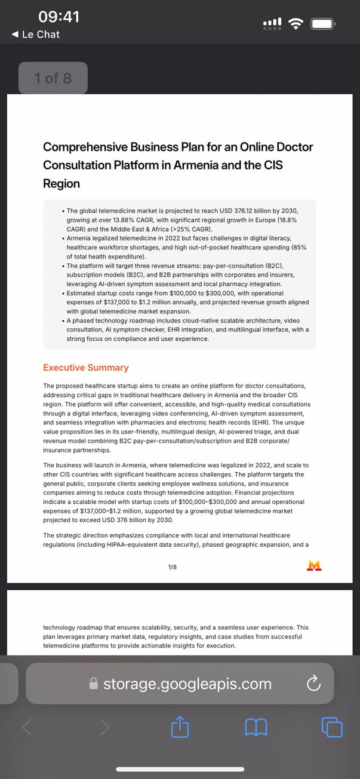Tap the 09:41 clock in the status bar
pyautogui.click(x=59, y=17)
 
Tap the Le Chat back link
pyautogui.click(x=36, y=35)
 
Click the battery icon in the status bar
pyautogui.click(x=323, y=24)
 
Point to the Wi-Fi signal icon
pyautogui.click(x=295, y=23)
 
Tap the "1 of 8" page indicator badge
pyautogui.click(x=53, y=78)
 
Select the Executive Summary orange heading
pyautogui.click(x=86, y=368)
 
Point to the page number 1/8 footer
pyautogui.click(x=173, y=566)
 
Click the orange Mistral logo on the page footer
pyautogui.click(x=314, y=566)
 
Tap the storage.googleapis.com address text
pyautogui.click(x=187, y=683)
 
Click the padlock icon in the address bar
pyautogui.click(x=93, y=683)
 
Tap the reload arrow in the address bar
pyautogui.click(x=313, y=684)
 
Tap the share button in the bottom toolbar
pyautogui.click(x=180, y=726)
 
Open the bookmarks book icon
pyautogui.click(x=256, y=726)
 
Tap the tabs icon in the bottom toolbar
pyautogui.click(x=332, y=726)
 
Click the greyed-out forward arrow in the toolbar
pyautogui.click(x=104, y=726)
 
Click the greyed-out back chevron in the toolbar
pyautogui.click(x=27, y=726)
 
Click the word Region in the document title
pyautogui.click(x=61, y=183)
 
